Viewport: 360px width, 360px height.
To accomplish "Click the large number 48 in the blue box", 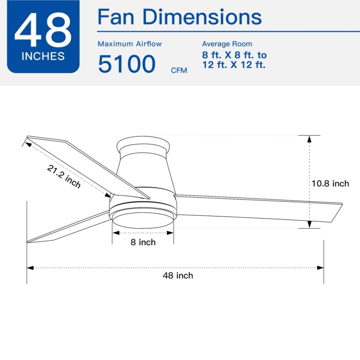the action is [x=43, y=30].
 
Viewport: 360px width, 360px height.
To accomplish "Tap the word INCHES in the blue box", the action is [x=43, y=56].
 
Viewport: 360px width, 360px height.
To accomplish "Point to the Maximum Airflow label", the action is [x=130, y=43].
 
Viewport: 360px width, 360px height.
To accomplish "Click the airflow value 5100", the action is [x=127, y=64].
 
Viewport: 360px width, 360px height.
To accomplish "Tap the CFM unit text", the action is [x=179, y=70].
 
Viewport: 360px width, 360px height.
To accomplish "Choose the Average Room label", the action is [x=227, y=43].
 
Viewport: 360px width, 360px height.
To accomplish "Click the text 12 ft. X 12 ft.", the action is [x=234, y=65].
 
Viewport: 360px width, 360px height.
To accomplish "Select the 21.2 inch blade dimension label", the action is [x=64, y=176].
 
